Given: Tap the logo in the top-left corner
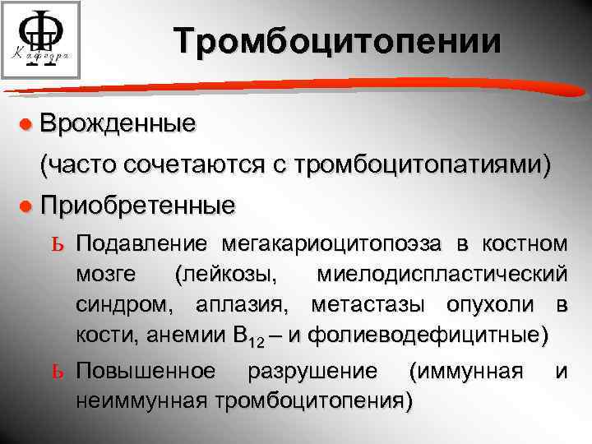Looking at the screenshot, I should [40, 40].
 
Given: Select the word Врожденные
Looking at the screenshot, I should [118, 125].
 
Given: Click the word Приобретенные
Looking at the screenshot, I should [137, 205].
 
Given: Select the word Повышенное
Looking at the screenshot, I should [147, 372].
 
